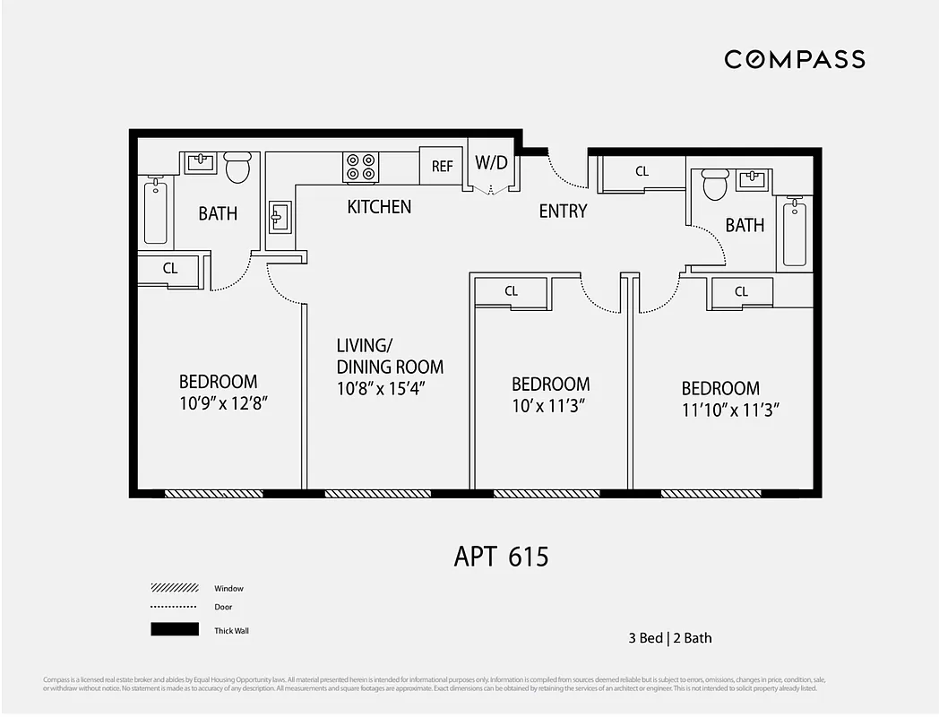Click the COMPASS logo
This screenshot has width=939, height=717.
click(x=794, y=59)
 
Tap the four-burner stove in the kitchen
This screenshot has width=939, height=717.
click(x=361, y=168)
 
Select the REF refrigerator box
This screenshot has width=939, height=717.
click(x=442, y=167)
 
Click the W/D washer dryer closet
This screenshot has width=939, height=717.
click(x=491, y=164)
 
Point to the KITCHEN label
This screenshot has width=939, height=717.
click(x=379, y=207)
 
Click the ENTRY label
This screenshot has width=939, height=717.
click(x=563, y=212)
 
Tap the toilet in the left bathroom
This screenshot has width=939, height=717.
click(x=237, y=168)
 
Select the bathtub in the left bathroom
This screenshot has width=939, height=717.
click(x=156, y=211)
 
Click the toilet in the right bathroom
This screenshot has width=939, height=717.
click(x=714, y=185)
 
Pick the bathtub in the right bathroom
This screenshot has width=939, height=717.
click(x=794, y=234)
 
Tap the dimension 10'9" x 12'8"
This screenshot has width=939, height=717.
click(x=224, y=403)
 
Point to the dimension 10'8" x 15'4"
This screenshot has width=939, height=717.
click(x=380, y=389)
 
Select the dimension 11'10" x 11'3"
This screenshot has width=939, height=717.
click(x=731, y=410)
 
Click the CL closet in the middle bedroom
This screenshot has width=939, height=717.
click(x=511, y=291)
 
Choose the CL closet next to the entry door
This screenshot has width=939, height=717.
click(x=642, y=171)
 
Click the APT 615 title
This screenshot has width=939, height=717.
click(x=501, y=557)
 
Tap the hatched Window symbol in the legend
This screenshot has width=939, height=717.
click(x=174, y=589)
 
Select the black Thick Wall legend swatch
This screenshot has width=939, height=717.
click(x=174, y=630)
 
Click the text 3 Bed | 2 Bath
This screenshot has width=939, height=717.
click(x=669, y=638)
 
